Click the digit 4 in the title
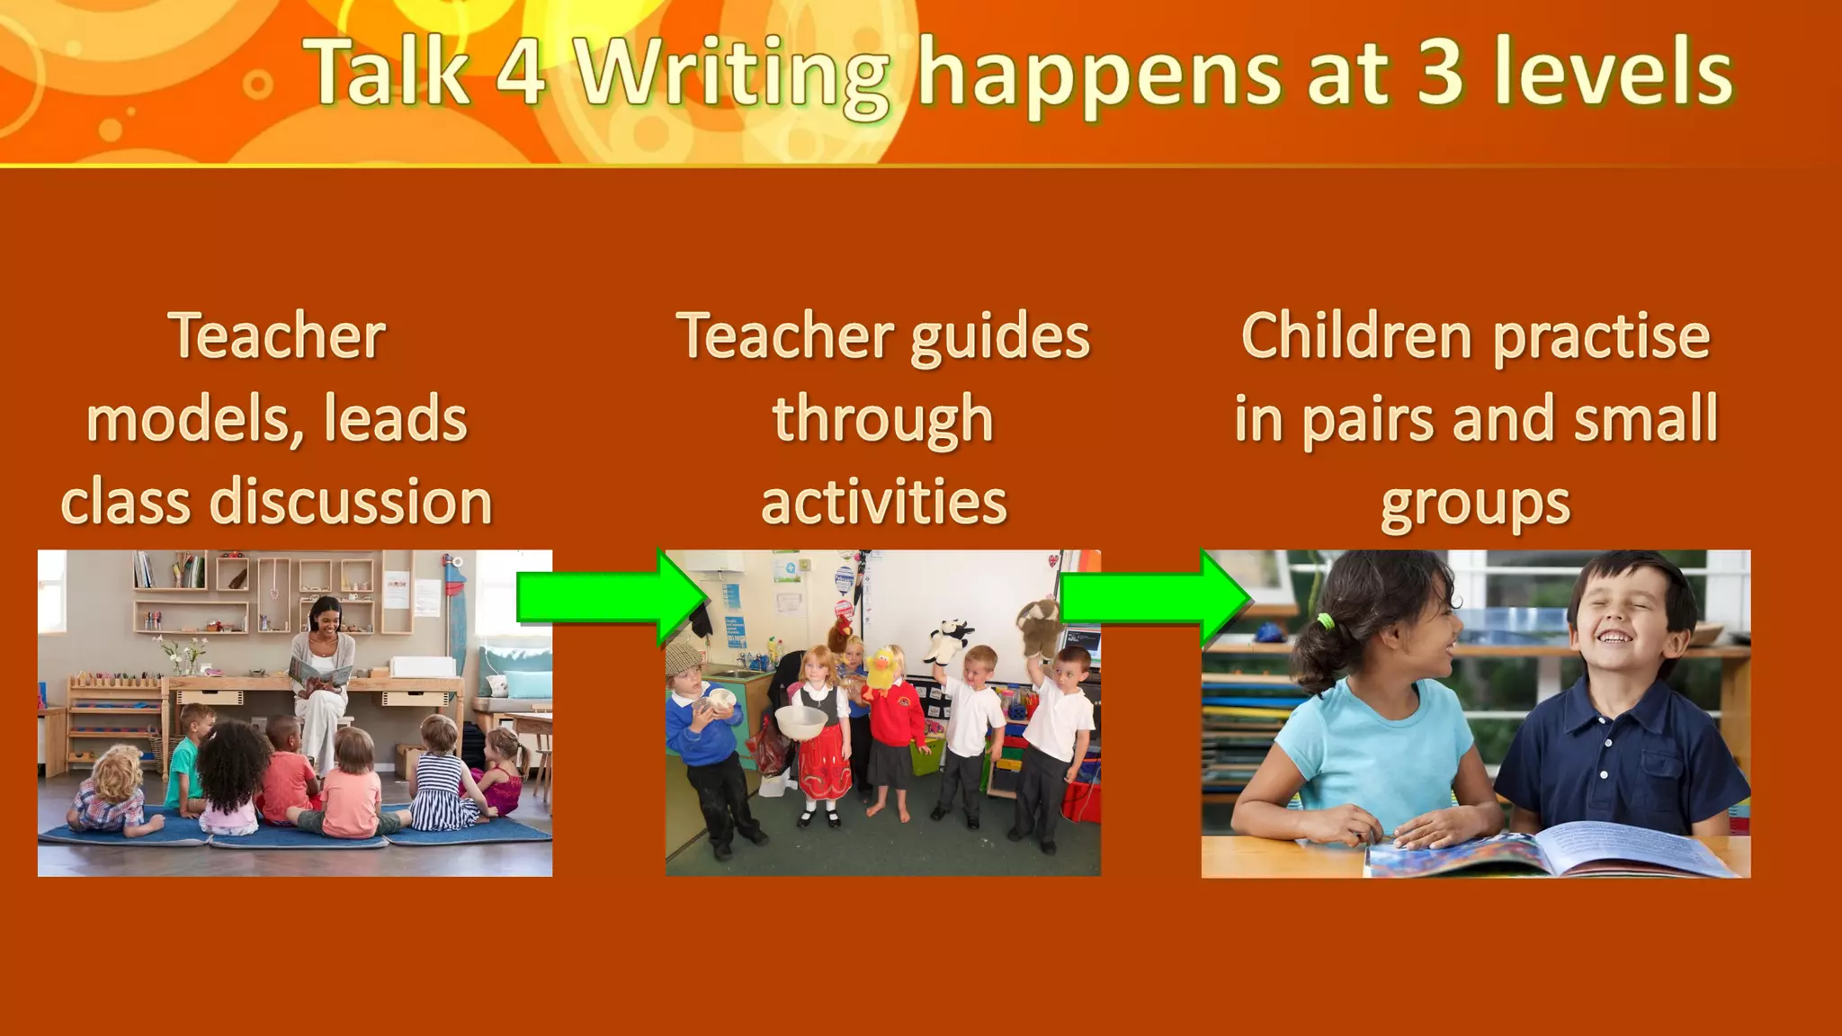pos(521,72)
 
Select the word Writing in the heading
pos(733,76)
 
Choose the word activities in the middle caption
pos(883,502)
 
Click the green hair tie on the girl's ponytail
pos(1324,621)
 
